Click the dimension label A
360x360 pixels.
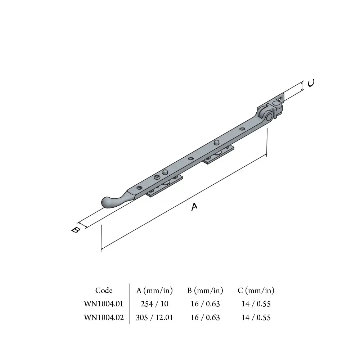point(194,207)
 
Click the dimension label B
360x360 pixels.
point(75,230)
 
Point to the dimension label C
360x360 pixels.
point(311,83)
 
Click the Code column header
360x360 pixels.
point(104,291)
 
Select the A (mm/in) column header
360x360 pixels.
point(154,291)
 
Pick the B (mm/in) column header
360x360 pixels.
point(205,291)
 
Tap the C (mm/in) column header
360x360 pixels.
point(256,291)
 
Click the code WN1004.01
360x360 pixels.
point(104,304)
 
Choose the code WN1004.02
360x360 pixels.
point(104,318)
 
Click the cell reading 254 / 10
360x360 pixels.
point(154,304)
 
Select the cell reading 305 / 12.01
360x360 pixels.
point(154,318)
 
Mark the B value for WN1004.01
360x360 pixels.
point(205,304)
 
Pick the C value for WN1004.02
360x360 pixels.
point(256,318)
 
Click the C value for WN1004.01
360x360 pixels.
point(256,304)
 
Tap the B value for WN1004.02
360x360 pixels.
point(205,318)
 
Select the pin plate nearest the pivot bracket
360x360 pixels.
point(218,155)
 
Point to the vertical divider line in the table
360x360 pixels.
point(129,304)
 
